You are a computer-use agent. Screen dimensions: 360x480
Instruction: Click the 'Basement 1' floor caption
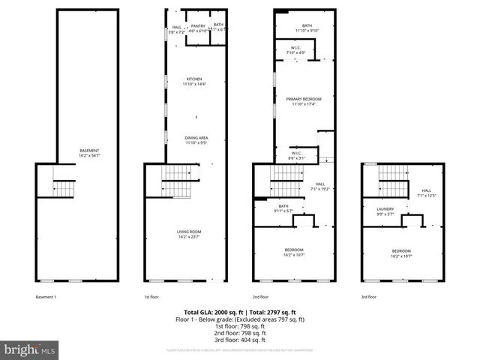46,296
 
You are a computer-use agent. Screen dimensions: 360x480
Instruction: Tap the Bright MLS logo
30,349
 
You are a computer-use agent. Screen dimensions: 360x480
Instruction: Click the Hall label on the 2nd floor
319,185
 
